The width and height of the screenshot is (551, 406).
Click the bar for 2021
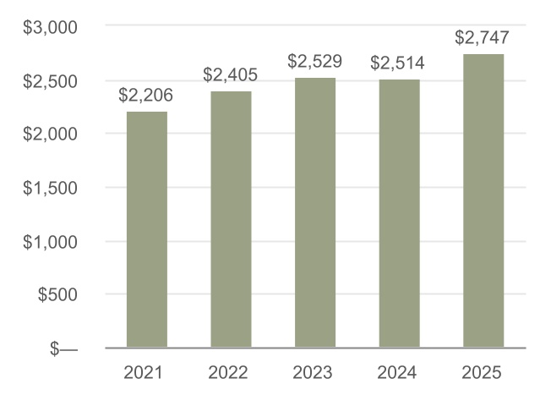click(147, 229)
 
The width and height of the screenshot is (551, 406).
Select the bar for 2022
click(231, 219)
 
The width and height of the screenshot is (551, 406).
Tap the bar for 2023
click(315, 212)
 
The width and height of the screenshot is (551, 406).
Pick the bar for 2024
click(399, 213)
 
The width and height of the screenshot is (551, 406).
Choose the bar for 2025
click(483, 200)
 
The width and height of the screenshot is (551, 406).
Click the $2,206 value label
click(146, 96)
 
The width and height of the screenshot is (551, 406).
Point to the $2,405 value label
click(231, 74)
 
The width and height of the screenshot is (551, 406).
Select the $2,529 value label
click(315, 62)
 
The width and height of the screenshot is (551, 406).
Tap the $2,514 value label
click(399, 63)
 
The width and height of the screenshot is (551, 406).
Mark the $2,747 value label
click(483, 38)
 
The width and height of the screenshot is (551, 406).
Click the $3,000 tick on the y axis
click(50, 27)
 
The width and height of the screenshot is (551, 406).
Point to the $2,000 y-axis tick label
click(50, 134)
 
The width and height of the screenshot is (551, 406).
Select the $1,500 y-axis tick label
click(50, 188)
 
